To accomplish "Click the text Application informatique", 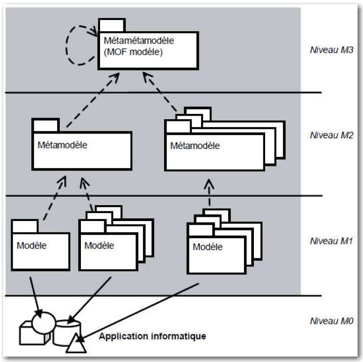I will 152,336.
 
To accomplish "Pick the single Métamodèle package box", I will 81,151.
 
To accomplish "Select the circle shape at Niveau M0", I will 43,321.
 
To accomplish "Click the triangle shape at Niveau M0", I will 76,345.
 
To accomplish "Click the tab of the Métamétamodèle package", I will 112,25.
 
